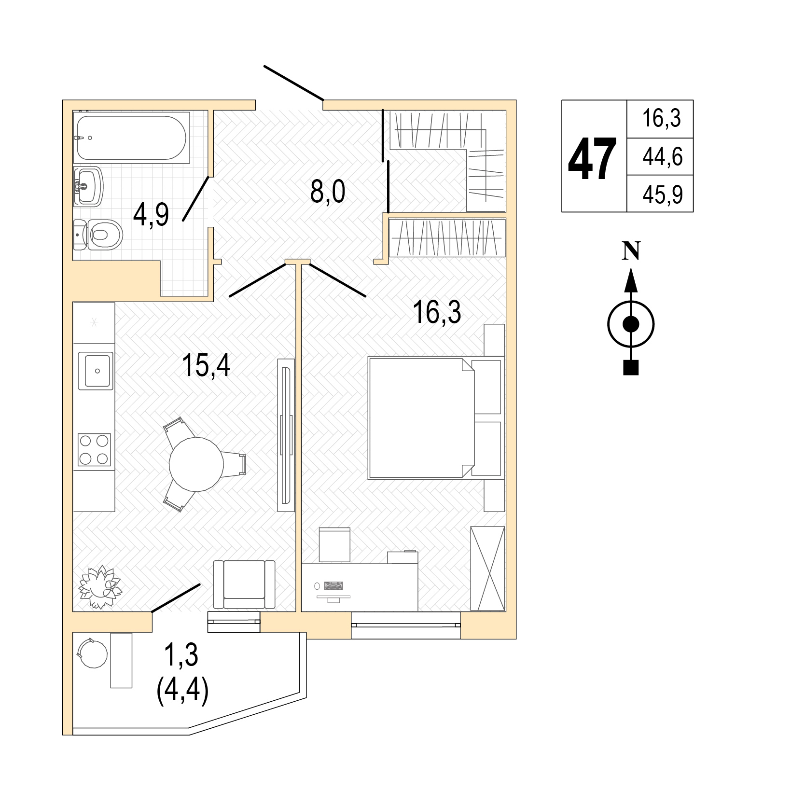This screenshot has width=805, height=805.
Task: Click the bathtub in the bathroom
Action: point(131,137)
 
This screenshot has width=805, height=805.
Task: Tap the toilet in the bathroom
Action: point(98,235)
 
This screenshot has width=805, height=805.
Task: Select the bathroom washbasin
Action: point(88,187)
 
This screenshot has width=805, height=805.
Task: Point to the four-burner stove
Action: point(95,449)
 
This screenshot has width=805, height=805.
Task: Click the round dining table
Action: point(196,464)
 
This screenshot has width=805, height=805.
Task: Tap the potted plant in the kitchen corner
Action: point(100,587)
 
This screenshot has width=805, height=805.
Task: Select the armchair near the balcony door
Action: point(244,585)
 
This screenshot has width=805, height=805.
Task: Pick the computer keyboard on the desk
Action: point(333,586)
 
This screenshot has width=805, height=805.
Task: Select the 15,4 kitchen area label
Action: point(206,365)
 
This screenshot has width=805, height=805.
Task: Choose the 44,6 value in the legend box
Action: point(663,157)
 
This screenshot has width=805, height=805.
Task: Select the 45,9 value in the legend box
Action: point(663,195)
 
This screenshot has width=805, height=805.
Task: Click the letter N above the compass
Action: point(631,250)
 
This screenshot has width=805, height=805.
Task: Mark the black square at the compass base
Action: point(631,367)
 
